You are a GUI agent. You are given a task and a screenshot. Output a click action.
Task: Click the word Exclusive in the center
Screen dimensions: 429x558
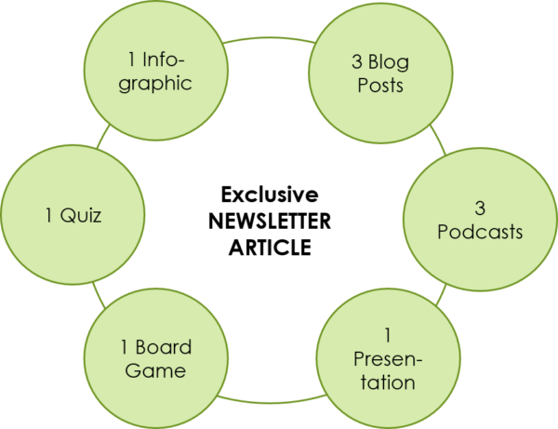268,195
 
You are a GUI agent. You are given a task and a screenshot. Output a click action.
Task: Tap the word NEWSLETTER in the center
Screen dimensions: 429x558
269,222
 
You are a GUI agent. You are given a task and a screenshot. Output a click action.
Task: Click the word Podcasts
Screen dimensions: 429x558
480,232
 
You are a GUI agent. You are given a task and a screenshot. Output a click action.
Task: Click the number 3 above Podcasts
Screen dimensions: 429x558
480,206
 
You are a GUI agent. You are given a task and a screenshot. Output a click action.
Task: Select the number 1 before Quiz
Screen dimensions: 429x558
47,216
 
